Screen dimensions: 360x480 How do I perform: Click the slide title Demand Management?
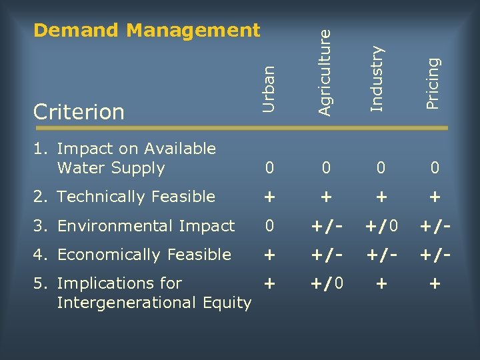pos(147,30)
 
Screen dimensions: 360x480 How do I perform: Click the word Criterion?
pos(79,111)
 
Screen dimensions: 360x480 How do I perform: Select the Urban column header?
pos(269,88)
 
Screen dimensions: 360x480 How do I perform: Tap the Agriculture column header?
pos(324,69)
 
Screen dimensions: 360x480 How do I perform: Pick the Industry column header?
pos(377,79)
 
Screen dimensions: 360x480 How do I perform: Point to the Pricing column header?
pos(433,83)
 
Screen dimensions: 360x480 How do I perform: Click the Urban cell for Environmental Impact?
pos(269,226)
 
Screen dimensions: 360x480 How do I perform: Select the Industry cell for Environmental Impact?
pos(381,226)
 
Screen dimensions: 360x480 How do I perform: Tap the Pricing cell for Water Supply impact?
pos(435,169)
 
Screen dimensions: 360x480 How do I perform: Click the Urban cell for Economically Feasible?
pos(269,255)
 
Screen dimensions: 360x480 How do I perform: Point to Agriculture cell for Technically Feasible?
pos(325,197)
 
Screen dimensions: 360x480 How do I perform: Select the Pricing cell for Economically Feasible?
pos(435,255)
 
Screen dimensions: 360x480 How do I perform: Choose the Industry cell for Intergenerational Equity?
pos(381,283)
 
